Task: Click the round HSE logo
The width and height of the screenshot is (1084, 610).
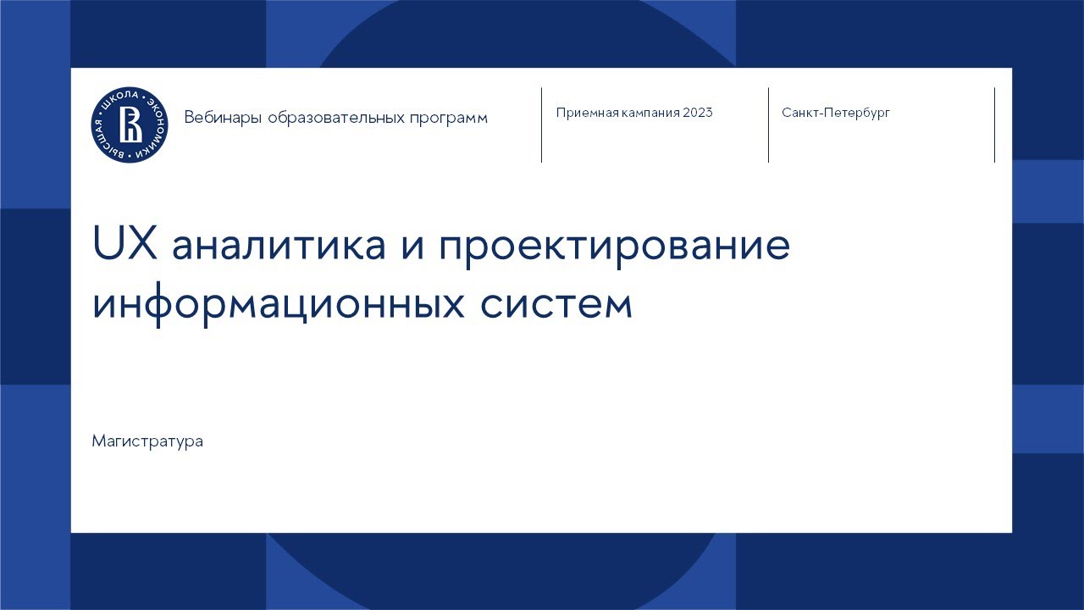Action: [130, 125]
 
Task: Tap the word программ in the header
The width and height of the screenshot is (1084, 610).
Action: [449, 119]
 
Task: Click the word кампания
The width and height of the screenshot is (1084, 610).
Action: [647, 113]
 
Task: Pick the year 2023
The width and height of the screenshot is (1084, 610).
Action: [698, 113]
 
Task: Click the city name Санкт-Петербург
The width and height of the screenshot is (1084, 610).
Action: [836, 113]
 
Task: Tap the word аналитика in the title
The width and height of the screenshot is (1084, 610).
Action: [266, 247]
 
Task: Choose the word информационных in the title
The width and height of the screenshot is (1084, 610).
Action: [279, 304]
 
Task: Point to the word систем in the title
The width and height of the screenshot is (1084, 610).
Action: [556, 304]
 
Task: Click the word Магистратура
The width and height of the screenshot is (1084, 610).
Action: [147, 441]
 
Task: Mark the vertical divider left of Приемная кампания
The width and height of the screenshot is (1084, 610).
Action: [541, 125]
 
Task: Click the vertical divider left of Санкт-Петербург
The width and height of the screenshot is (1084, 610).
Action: [768, 125]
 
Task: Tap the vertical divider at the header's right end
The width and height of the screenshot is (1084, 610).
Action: [994, 125]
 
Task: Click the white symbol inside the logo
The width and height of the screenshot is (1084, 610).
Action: [130, 125]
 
